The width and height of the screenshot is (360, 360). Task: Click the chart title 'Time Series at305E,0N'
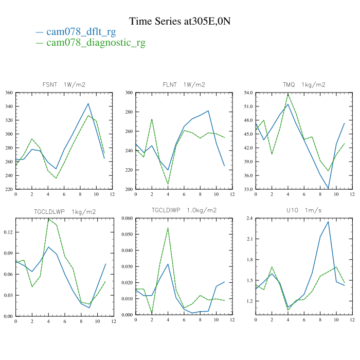click(x=180, y=21)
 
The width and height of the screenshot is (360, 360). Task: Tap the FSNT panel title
click(x=64, y=84)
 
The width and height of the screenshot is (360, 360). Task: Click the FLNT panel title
click(x=184, y=84)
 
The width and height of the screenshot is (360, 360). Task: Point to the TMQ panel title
click(x=304, y=84)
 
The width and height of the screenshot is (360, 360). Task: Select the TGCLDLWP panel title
click(x=64, y=211)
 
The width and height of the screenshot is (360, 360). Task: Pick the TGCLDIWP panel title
click(x=184, y=211)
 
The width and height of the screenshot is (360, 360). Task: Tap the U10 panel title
click(x=304, y=211)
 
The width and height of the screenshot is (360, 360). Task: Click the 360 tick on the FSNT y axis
click(x=9, y=93)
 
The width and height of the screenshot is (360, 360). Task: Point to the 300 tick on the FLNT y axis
click(x=129, y=93)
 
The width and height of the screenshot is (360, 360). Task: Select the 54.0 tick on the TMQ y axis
click(x=248, y=93)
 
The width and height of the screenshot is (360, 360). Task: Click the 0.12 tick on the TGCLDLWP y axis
click(x=8, y=232)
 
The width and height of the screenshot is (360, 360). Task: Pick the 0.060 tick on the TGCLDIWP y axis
click(x=127, y=219)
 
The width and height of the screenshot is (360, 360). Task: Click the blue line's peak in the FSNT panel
click(x=88, y=103)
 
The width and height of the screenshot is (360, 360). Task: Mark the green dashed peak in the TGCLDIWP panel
click(x=168, y=227)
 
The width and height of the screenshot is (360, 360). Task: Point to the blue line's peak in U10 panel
click(x=328, y=222)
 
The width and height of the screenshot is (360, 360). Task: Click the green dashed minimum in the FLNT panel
click(x=168, y=184)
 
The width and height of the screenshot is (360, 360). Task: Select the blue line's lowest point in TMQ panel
click(x=328, y=189)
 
